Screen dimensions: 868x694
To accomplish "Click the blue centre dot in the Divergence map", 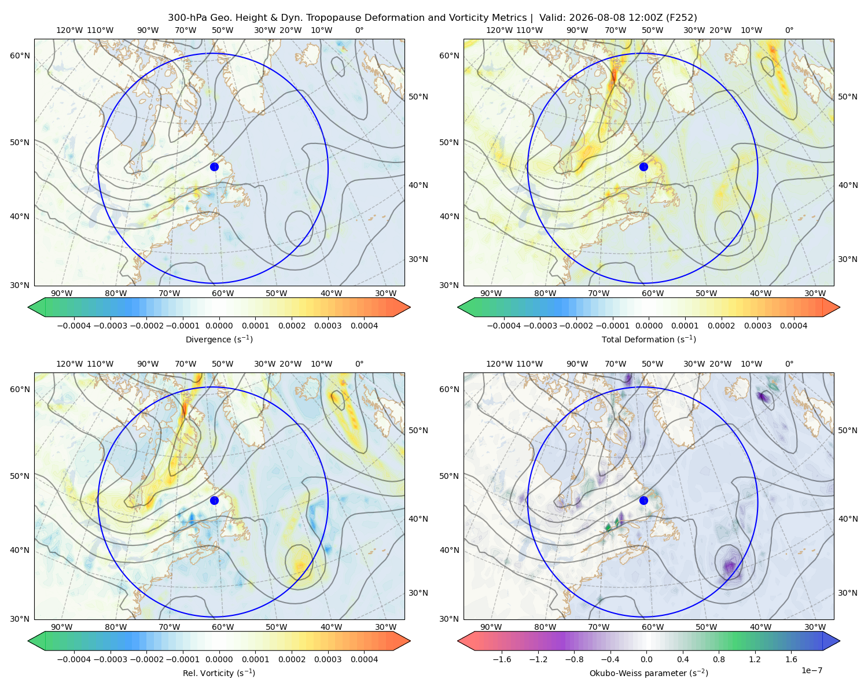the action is click(x=214, y=167).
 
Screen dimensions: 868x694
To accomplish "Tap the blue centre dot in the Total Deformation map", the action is click(x=643, y=167).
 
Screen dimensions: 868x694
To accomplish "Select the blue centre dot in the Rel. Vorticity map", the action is click(x=214, y=500).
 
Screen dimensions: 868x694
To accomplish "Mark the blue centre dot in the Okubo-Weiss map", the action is click(x=643, y=500).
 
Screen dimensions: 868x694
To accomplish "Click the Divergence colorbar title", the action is click(x=219, y=339).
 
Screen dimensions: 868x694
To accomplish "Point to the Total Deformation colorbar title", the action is click(x=649, y=339).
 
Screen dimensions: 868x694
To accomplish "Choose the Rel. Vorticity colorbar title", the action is click(x=219, y=673).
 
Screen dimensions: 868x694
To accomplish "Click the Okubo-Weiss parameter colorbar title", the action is click(x=649, y=673).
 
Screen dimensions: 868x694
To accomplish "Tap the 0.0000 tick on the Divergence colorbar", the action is click(x=219, y=326).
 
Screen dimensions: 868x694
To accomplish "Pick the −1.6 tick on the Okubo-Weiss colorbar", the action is click(x=502, y=659).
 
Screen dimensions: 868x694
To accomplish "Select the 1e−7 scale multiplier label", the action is click(x=811, y=670).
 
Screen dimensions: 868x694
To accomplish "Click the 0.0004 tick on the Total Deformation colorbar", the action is click(x=793, y=326).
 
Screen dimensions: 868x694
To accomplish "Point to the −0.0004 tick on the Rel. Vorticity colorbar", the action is click(x=74, y=659).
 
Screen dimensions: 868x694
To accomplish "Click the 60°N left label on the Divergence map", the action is click(x=20, y=56).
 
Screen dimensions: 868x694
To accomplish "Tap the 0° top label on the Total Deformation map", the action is click(x=789, y=30).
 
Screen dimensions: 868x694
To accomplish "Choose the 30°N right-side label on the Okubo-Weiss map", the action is click(x=847, y=593).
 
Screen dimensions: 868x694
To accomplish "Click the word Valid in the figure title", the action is click(x=550, y=18).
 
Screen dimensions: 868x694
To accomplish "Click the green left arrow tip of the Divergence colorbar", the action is click(x=28, y=307).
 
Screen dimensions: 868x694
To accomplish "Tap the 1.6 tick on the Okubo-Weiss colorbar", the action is click(x=791, y=659).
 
